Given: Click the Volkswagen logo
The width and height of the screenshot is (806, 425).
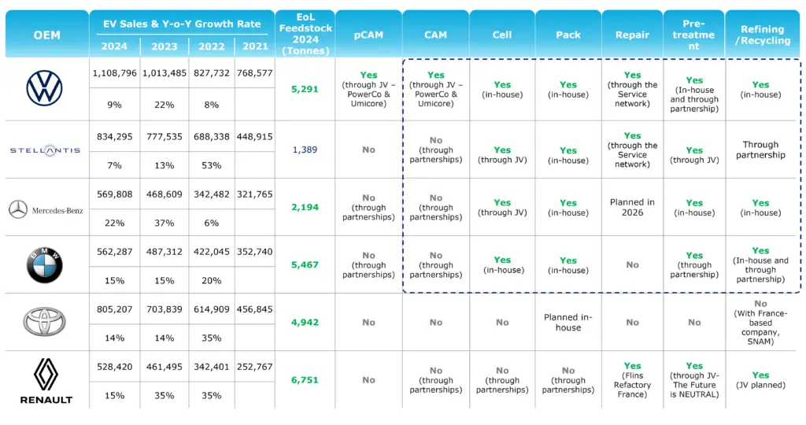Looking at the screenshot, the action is pyautogui.click(x=44, y=88).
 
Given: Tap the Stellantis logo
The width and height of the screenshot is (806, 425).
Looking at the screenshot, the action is pyautogui.click(x=45, y=150).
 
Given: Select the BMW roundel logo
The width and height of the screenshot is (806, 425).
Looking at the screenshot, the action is pyautogui.click(x=44, y=264).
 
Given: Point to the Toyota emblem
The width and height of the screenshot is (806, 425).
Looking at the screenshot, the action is pyautogui.click(x=44, y=322).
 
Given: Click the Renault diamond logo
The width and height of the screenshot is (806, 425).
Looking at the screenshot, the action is pyautogui.click(x=46, y=374).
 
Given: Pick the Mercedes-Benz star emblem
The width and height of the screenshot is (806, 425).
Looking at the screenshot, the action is pyautogui.click(x=18, y=209).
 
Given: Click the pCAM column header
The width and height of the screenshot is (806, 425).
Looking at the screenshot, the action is pyautogui.click(x=368, y=35).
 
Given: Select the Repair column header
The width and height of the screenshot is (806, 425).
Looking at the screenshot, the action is pyautogui.click(x=632, y=35).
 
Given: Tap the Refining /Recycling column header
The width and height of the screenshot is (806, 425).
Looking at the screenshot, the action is pyautogui.click(x=762, y=35).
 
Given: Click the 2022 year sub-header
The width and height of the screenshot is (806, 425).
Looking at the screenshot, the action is pyautogui.click(x=211, y=46).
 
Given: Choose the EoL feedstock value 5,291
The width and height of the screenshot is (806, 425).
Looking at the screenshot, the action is pyautogui.click(x=305, y=89).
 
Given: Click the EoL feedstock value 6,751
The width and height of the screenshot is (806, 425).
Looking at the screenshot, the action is pyautogui.click(x=305, y=380).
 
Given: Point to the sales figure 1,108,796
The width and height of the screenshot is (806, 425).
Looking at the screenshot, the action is pyautogui.click(x=115, y=73).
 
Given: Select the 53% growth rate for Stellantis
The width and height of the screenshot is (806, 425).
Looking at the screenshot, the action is pyautogui.click(x=211, y=165).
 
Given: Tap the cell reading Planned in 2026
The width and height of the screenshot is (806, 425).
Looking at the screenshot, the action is pyautogui.click(x=632, y=207).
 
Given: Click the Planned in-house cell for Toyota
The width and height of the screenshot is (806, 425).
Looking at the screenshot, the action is pyautogui.click(x=568, y=322).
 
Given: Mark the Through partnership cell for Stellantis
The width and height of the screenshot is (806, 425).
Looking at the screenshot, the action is pyautogui.click(x=760, y=150).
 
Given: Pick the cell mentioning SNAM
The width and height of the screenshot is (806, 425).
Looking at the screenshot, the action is pyautogui.click(x=760, y=322).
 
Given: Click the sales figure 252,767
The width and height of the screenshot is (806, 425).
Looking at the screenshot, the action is pyautogui.click(x=254, y=367).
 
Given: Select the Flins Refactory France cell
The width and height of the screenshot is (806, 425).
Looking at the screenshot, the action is pyautogui.click(x=632, y=380).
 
